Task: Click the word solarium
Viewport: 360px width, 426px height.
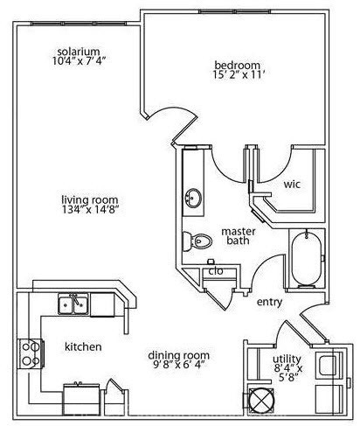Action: point(79,52)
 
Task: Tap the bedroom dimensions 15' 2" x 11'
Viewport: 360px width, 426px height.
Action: point(238,74)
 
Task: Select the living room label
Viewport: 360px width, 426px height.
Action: point(90,200)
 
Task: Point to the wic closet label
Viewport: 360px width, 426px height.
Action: point(292,185)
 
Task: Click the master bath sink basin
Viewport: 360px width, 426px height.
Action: point(193,199)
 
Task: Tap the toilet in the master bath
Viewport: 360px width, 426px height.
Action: point(197,241)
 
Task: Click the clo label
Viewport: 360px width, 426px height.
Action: point(216,271)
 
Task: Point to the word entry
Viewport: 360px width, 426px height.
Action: point(269,303)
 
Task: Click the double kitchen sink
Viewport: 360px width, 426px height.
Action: point(73,304)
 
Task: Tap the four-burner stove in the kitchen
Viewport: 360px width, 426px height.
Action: point(31,353)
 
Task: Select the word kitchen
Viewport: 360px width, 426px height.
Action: point(83,346)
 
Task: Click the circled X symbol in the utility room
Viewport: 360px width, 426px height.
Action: point(260,401)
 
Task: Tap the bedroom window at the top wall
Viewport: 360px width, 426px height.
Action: point(235,11)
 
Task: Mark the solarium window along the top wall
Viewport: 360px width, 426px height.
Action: point(79,24)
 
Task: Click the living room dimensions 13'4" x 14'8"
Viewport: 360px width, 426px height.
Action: point(90,209)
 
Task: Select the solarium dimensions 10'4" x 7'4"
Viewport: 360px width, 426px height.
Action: point(79,61)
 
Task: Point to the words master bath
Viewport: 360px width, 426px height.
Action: point(239,236)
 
